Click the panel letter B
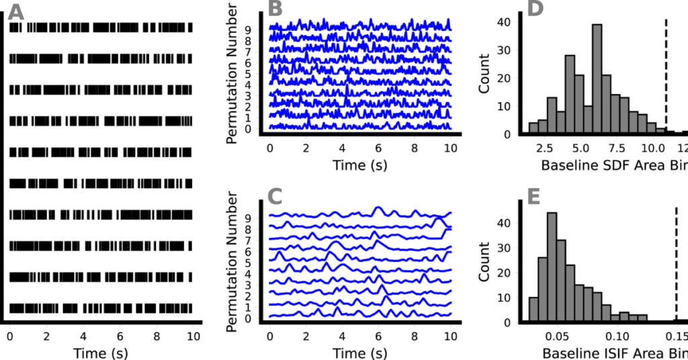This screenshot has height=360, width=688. pos(276,9)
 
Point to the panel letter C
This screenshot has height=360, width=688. pos(276,197)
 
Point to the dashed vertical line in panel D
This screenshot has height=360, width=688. pos(665,74)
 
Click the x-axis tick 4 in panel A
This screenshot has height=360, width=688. pos(83,334)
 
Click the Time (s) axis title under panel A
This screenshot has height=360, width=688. pos(100,351)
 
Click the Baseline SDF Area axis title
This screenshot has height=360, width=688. pos(605,164)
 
